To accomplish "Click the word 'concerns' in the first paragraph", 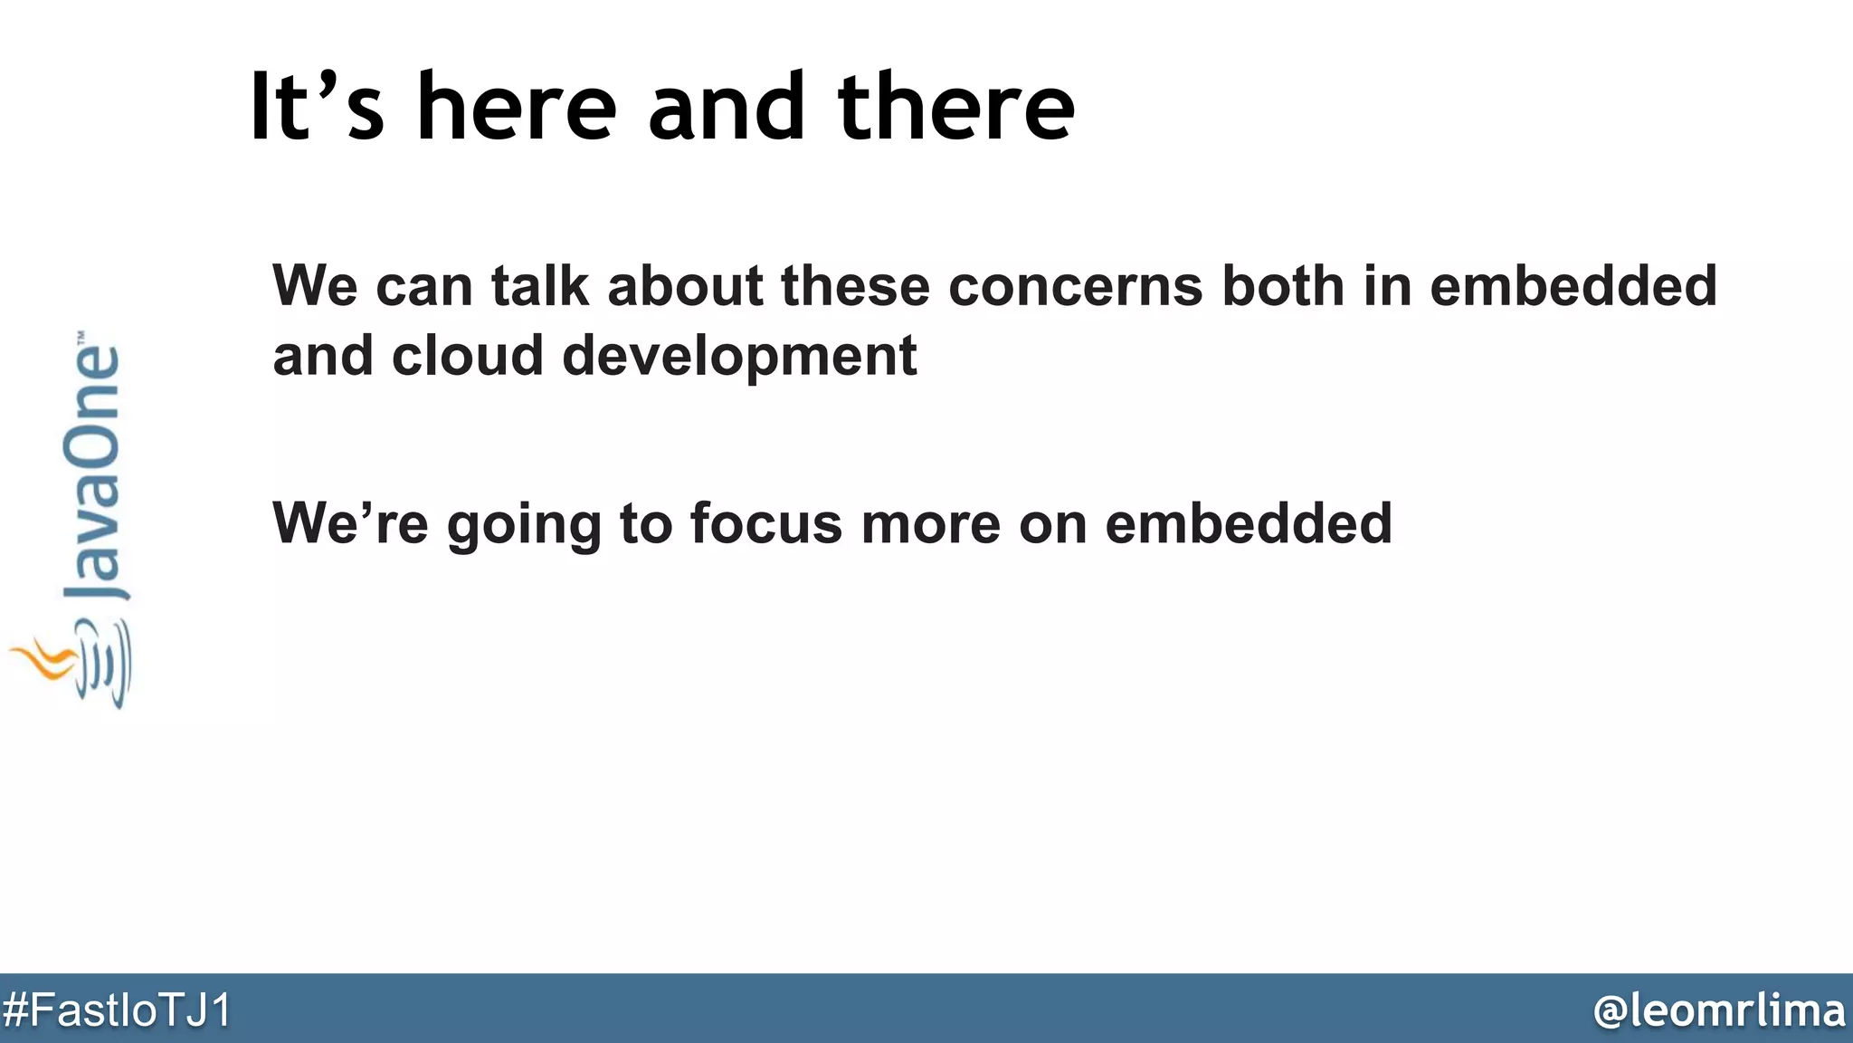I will pyautogui.click(x=1076, y=286).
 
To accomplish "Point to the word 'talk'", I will pyautogui.click(x=540, y=286).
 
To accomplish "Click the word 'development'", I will pyautogui.click(x=739, y=355).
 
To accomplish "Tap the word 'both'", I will pyautogui.click(x=1283, y=286).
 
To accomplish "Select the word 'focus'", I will pyautogui.click(x=765, y=523).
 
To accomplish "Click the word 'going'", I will pyautogui.click(x=524, y=525).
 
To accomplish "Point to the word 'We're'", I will pyautogui.click(x=350, y=523).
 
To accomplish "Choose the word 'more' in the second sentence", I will pyautogui.click(x=930, y=523).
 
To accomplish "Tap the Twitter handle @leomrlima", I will pyautogui.click(x=1718, y=1010).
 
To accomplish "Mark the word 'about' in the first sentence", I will pyautogui.click(x=685, y=286).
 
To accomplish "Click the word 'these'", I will pyautogui.click(x=855, y=286).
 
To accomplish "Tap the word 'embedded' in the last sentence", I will pyautogui.click(x=1248, y=523).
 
